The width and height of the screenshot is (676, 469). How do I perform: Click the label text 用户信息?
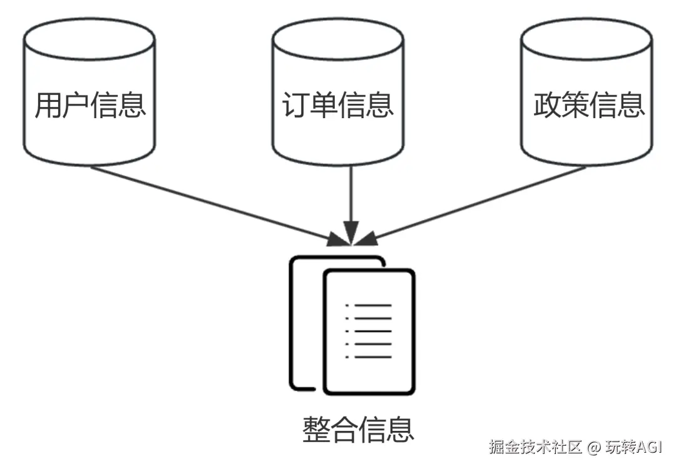(x=90, y=105)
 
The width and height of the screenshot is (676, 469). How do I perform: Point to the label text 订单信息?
(x=338, y=105)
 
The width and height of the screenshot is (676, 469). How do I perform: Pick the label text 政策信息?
(x=589, y=105)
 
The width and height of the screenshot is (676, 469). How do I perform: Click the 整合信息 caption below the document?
(x=359, y=430)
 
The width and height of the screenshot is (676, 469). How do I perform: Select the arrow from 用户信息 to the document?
(x=213, y=203)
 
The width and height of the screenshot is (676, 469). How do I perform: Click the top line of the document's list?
(x=373, y=306)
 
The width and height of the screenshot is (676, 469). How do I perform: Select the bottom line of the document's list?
(x=373, y=357)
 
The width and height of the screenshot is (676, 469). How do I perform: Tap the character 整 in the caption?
(x=317, y=430)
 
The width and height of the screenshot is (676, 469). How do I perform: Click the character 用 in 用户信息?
(x=48, y=105)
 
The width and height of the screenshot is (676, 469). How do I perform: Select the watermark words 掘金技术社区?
(x=536, y=448)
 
